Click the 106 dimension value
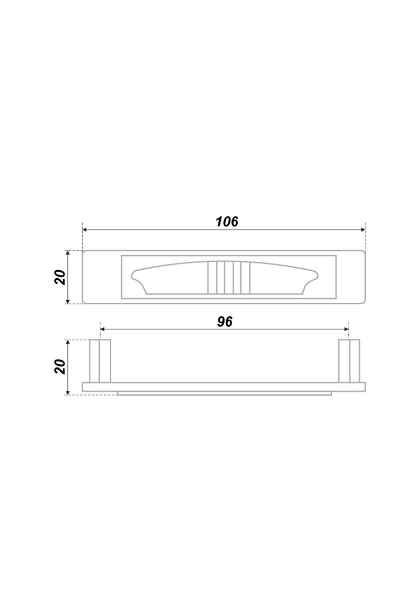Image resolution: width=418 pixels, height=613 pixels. pyautogui.click(x=227, y=222)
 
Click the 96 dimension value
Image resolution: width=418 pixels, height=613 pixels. pyautogui.click(x=225, y=322)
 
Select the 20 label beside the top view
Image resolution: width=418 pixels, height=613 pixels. pyautogui.click(x=61, y=277)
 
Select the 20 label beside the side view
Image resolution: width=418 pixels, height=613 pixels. pyautogui.click(x=61, y=367)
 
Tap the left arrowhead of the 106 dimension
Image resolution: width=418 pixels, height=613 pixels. pyautogui.click(x=85, y=230)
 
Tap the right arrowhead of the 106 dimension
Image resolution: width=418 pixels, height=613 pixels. pyautogui.click(x=363, y=230)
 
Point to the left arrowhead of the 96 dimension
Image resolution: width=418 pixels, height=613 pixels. pyautogui.click(x=102, y=329)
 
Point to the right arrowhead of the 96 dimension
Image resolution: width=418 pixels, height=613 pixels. pyautogui.click(x=346, y=329)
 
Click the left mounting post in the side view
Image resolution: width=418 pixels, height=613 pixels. pyautogui.click(x=100, y=361)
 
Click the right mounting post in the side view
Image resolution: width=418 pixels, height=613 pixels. pyautogui.click(x=349, y=361)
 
